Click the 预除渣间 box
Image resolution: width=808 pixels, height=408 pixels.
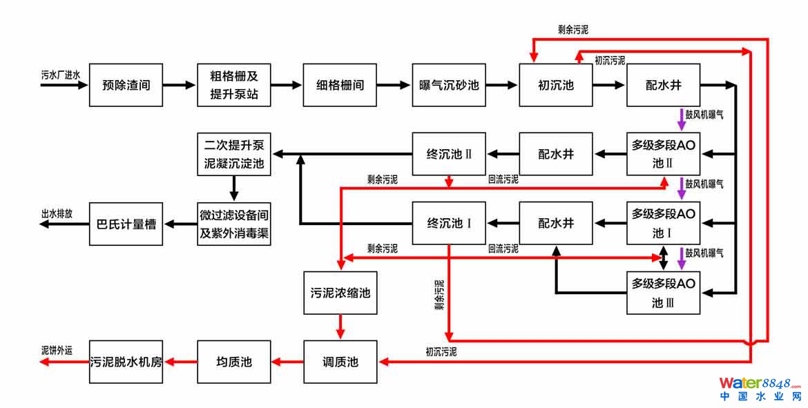tap(126, 85)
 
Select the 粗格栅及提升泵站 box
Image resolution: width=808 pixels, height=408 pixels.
tap(233, 85)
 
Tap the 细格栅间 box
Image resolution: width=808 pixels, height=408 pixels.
tap(340, 85)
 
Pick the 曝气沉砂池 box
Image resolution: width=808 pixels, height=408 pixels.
tap(448, 85)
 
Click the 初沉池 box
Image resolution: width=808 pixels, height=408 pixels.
tap(556, 85)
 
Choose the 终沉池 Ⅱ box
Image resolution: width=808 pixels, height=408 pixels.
tap(448, 153)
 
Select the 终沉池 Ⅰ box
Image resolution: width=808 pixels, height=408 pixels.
tap(448, 223)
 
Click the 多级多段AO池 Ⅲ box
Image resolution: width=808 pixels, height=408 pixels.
tap(663, 292)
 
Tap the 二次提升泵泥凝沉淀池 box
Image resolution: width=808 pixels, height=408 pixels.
tap(233, 153)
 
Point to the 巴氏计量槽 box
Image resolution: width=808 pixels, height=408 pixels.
tap(126, 223)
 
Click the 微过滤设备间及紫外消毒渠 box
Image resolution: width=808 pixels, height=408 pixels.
tap(233, 223)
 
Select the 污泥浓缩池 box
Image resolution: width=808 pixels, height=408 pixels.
tap(340, 293)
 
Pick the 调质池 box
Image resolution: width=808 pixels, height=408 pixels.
tap(340, 361)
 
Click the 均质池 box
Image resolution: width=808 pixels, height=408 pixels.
tap(233, 361)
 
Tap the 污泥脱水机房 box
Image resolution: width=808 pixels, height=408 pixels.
tap(126, 361)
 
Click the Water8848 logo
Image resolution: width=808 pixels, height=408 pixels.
tap(760, 389)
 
